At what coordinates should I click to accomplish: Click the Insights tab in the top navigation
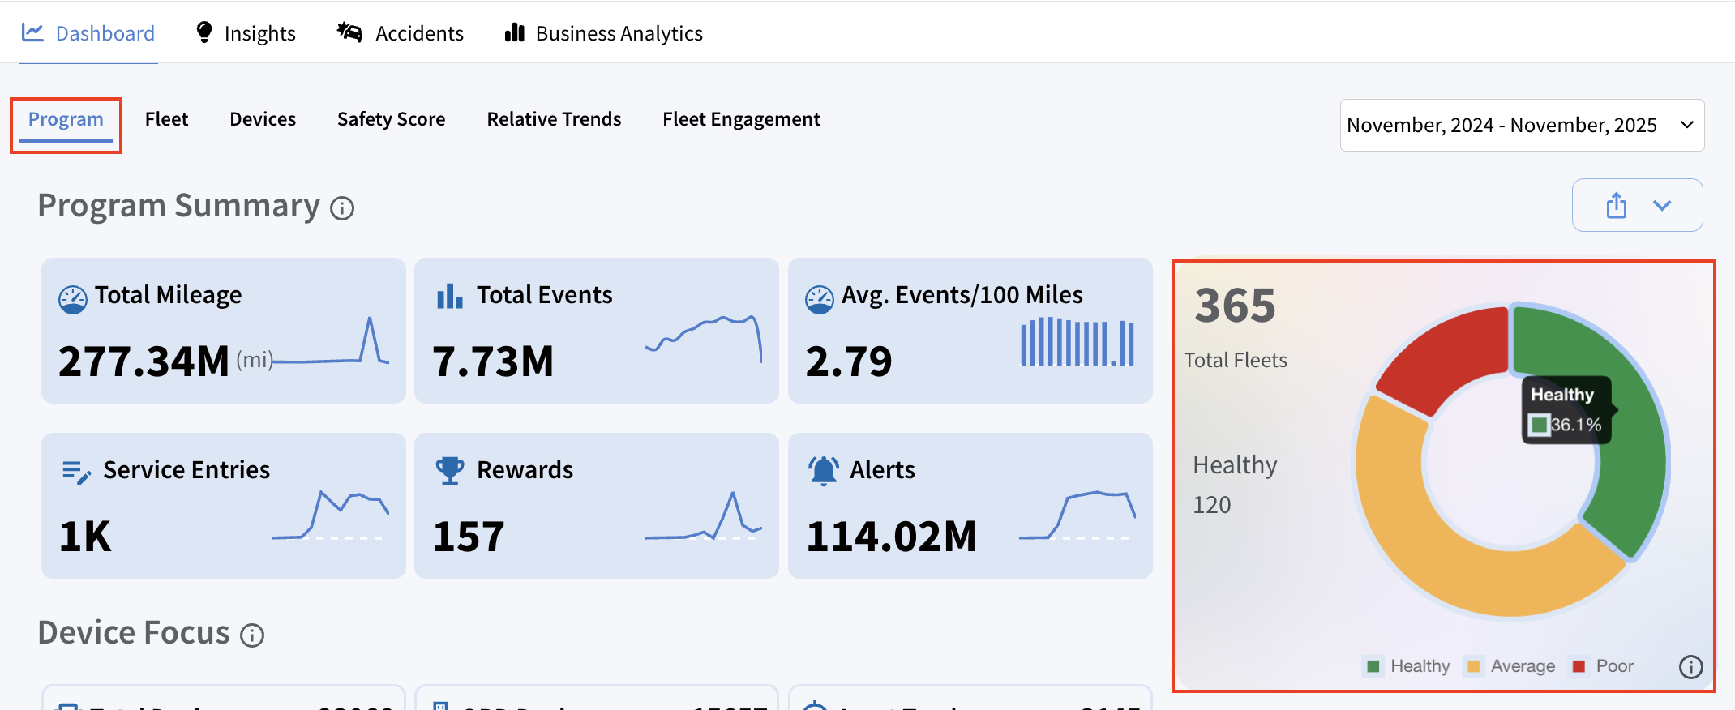246,33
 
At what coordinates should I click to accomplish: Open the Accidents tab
401,33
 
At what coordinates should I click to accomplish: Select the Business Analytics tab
604,33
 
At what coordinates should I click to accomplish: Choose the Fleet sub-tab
166,119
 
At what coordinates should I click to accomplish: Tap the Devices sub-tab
263,119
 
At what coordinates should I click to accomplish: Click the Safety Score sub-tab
391,119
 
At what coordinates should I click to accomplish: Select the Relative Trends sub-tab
554,119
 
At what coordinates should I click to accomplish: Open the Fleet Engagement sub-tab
741,119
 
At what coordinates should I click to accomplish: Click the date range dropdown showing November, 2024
1521,125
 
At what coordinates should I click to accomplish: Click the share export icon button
1617,206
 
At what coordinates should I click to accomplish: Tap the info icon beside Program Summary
342,209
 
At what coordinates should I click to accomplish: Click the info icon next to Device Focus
252,635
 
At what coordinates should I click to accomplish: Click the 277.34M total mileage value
144,361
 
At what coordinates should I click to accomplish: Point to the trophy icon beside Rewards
450,470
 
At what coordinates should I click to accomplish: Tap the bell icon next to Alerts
823,470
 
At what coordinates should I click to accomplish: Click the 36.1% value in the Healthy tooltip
1575,425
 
